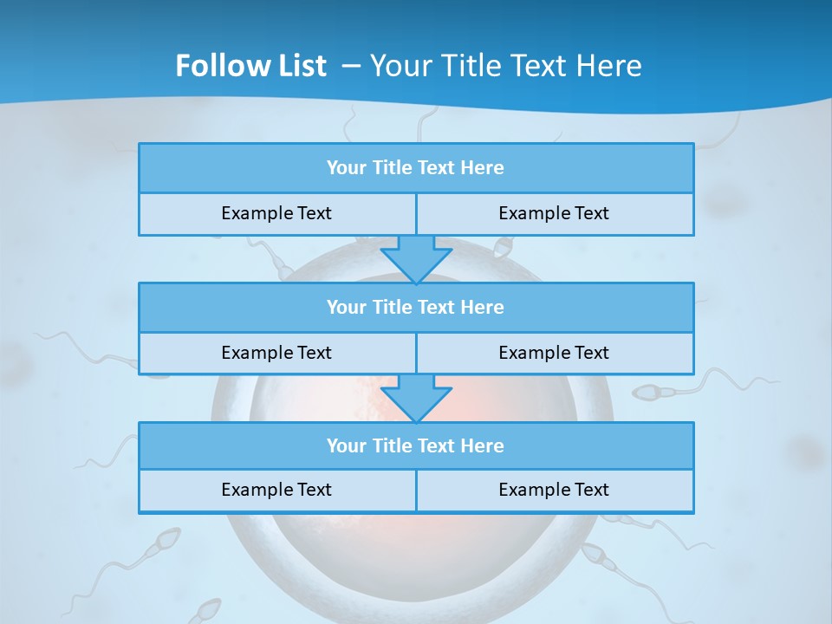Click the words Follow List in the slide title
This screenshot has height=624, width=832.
coord(251,66)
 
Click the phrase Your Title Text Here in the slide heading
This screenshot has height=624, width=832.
coord(506,66)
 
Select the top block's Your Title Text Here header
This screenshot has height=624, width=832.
coord(415,168)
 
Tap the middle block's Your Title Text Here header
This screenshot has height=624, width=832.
coord(415,307)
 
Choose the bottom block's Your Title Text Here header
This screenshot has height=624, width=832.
coord(415,445)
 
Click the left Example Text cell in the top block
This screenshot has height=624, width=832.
coord(276,213)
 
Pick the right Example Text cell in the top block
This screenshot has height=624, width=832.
coord(554,213)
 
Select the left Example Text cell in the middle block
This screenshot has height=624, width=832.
coord(276,353)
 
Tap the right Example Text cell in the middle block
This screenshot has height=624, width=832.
coord(554,353)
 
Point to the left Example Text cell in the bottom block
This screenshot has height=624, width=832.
coord(276,490)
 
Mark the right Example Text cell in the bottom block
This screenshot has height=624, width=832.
coord(554,490)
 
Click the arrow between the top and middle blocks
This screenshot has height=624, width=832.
coord(416,258)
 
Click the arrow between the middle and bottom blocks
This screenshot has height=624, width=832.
coord(416,398)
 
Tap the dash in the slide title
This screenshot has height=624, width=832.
coord(351,66)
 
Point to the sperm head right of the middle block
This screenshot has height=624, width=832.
coord(647,393)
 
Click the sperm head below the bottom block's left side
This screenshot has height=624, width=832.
coord(161,543)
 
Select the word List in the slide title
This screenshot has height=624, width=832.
coord(300,66)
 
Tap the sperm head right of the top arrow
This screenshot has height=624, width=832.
coord(502,249)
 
